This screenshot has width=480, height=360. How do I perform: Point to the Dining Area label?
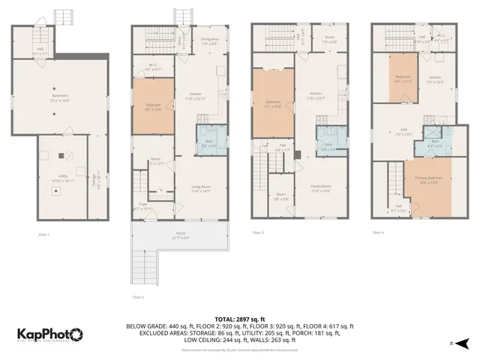[x=209, y=41]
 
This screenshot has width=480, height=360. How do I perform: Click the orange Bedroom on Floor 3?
[x=273, y=103]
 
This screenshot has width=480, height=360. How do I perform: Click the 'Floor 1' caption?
[x=43, y=235]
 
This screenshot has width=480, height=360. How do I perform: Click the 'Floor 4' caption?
[x=377, y=232]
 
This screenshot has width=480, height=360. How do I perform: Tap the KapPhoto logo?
[x=51, y=334]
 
